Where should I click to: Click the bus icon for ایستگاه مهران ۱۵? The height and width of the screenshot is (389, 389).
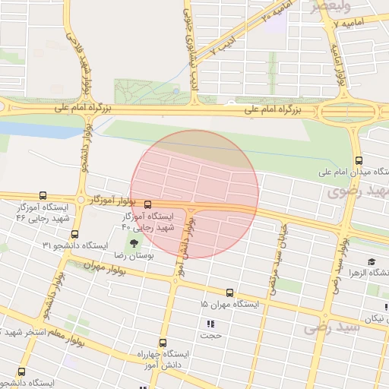[x=229, y=292]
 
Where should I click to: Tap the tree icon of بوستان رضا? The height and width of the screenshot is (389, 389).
[x=134, y=244]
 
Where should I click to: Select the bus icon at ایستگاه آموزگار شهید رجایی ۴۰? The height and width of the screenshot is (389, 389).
[x=147, y=204]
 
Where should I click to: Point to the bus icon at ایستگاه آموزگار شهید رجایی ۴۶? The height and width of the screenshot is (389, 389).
[x=42, y=195]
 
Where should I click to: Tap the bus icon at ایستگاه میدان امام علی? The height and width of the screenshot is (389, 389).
[x=359, y=160]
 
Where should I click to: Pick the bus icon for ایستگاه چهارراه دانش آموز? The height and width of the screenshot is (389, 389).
[x=162, y=343]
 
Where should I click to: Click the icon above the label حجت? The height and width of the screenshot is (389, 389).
[x=210, y=323]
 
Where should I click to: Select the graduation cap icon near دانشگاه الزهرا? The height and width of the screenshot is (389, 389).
[x=372, y=261]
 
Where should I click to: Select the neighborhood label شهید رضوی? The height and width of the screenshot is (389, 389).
[x=357, y=191]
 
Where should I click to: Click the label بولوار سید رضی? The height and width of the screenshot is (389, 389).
[x=336, y=266]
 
